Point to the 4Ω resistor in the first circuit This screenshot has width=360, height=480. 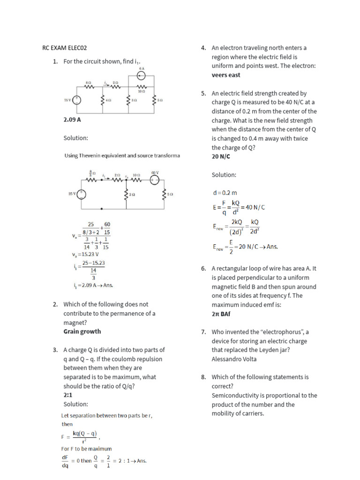click(102, 100)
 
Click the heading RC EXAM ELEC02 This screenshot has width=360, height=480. click(64, 48)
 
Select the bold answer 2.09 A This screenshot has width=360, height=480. click(72, 120)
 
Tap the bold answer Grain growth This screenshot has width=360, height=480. click(82, 331)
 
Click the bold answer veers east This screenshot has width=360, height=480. click(225, 75)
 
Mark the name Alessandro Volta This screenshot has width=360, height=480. click(234, 359)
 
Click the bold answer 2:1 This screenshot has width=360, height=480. click(69, 395)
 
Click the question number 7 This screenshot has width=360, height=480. click(203, 332)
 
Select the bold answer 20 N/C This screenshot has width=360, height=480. click(221, 157)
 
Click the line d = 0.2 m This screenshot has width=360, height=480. click(225, 193)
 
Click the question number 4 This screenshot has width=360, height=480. click(203, 48)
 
